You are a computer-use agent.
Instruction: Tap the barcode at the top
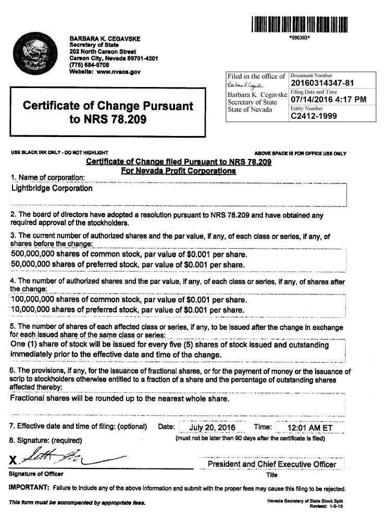(x=300, y=24)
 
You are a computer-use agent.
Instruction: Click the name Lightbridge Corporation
(x=52, y=188)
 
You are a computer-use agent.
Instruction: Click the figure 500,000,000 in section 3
(x=35, y=255)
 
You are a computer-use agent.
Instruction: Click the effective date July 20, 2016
(x=212, y=427)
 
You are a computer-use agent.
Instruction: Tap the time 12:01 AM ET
(x=309, y=427)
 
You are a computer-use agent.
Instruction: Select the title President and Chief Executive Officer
(x=271, y=464)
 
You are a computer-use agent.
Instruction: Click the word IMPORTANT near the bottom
(x=29, y=488)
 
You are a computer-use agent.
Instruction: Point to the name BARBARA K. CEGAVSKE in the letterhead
(x=105, y=39)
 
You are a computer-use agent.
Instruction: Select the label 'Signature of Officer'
(x=36, y=474)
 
